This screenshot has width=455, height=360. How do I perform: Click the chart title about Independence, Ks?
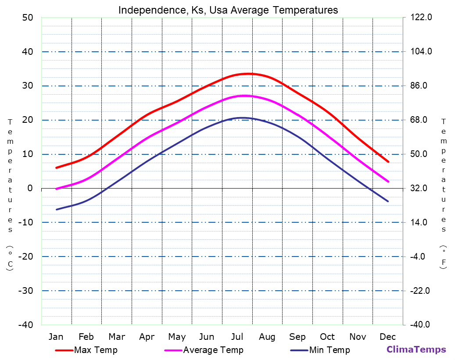(228, 10)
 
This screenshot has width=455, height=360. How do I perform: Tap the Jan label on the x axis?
(56, 337)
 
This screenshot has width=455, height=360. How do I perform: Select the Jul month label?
(237, 337)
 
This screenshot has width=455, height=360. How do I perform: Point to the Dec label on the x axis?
(388, 337)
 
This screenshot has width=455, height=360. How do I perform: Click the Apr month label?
(147, 337)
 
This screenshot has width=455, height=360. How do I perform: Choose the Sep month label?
(297, 337)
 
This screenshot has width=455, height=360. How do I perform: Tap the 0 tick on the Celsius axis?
(30, 188)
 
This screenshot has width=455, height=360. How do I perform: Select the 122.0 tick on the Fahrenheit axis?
(422, 18)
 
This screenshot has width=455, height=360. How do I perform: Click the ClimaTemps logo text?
(416, 349)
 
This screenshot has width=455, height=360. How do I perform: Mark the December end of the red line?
(388, 162)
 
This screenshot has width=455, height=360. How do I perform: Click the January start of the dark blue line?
(57, 210)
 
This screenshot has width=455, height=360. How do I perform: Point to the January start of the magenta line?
(57, 189)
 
